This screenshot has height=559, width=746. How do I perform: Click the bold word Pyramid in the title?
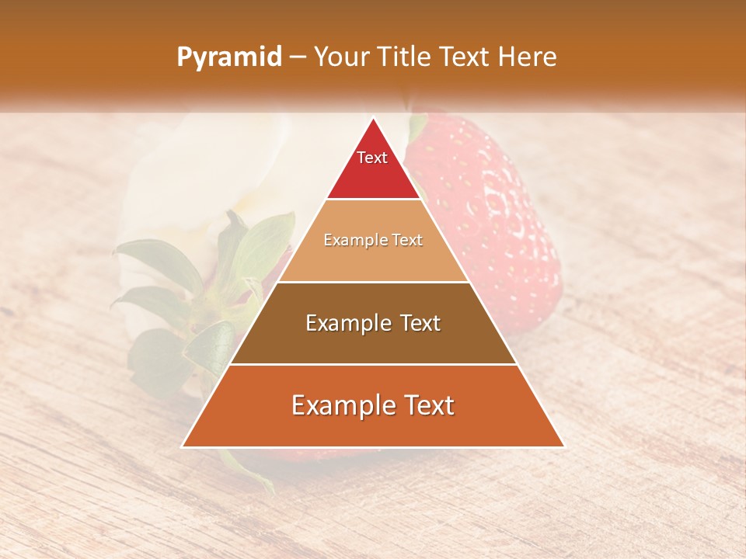(x=228, y=57)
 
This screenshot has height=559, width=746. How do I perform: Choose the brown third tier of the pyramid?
(x=373, y=342)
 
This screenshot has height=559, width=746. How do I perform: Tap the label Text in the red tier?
(x=372, y=158)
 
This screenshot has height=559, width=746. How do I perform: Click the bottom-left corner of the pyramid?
(x=183, y=446)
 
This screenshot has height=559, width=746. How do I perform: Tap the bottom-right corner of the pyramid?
(x=563, y=446)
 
